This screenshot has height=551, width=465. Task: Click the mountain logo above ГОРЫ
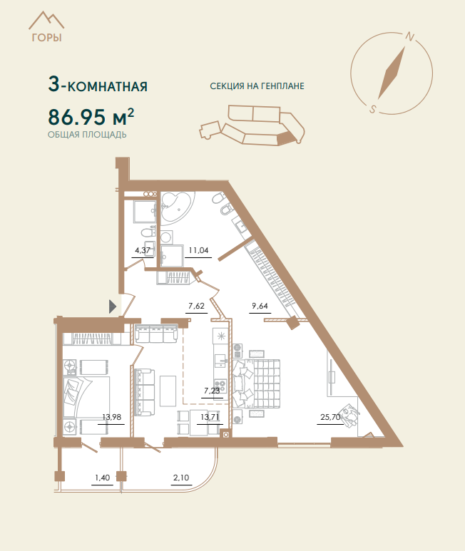[46, 21]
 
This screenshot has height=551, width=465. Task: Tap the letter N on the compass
[410, 36]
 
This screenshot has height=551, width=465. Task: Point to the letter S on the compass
[372, 109]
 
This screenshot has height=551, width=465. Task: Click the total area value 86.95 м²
[91, 116]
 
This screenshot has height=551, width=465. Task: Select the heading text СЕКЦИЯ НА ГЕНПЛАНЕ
[257, 86]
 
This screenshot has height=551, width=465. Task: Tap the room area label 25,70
[330, 417]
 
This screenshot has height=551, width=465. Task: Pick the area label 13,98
[111, 417]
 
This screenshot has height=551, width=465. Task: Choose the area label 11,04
[198, 250]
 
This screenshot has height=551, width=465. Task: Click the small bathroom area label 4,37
[143, 250]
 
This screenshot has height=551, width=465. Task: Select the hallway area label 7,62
[196, 306]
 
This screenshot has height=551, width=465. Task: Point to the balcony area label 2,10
[181, 478]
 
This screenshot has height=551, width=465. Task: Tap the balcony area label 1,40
[102, 478]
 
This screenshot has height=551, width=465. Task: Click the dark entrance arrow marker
[112, 307]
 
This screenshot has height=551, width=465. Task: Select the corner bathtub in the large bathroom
[177, 207]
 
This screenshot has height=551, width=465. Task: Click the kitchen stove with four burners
[220, 386]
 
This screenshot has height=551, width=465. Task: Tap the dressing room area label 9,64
[260, 306]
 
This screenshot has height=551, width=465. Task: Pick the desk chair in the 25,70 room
[349, 416]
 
